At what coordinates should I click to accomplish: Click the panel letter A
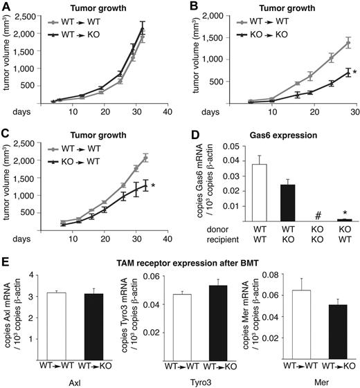point(6,6)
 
